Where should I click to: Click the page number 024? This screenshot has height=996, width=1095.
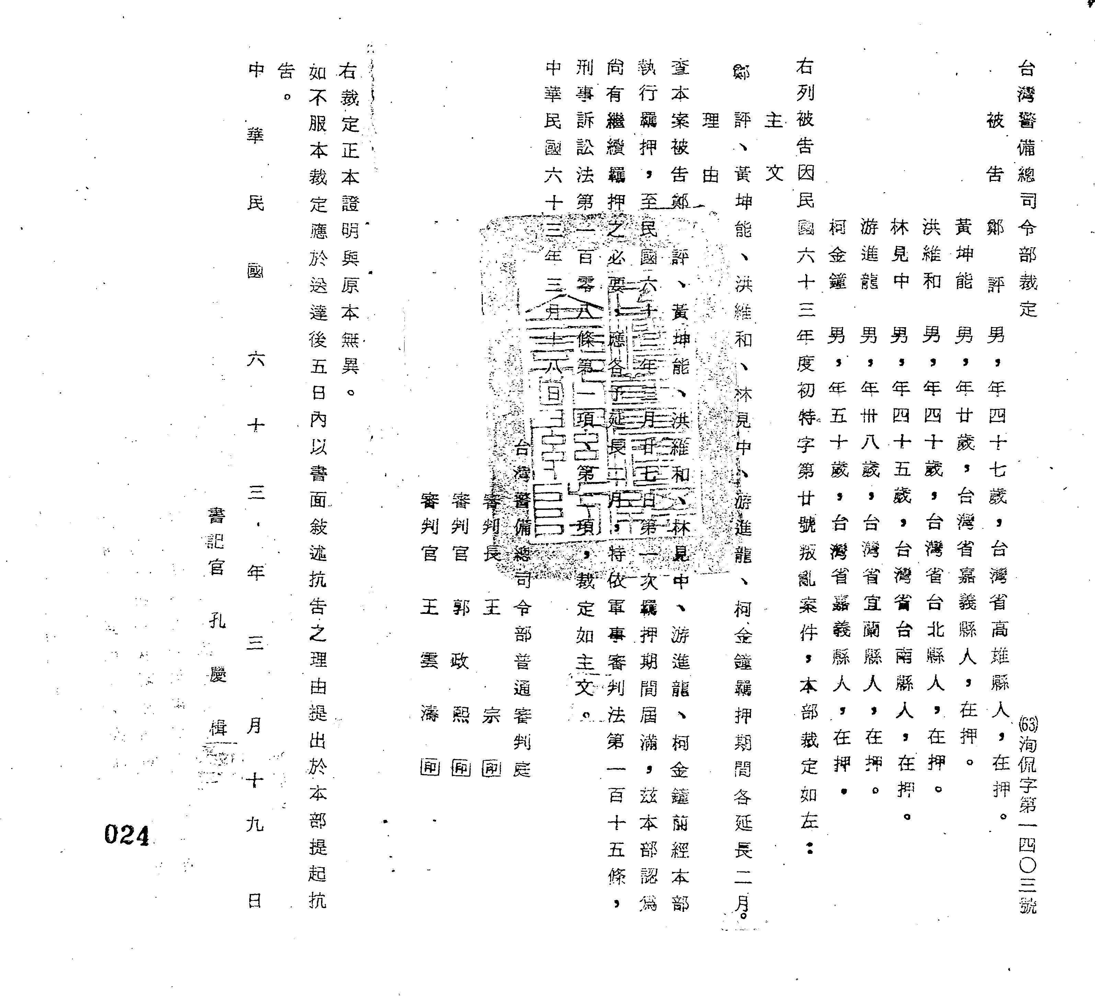tap(127, 835)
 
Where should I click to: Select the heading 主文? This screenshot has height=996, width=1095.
tap(774, 147)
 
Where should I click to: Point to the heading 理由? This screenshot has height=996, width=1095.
tap(710, 147)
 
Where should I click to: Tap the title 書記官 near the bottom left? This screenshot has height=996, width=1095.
tap(216, 541)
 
